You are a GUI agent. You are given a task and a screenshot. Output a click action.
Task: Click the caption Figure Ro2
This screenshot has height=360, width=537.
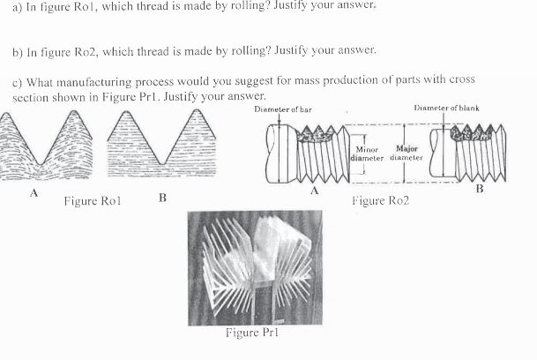click(x=380, y=200)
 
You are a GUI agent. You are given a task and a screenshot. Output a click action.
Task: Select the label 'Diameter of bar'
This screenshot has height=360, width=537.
click(x=282, y=109)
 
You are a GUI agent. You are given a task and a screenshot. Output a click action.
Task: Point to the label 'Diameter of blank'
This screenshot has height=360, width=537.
click(x=447, y=109)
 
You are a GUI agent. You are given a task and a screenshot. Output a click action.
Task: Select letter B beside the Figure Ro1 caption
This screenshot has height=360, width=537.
click(x=162, y=197)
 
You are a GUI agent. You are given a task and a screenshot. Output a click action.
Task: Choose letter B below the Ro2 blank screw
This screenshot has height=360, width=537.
click(x=479, y=188)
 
